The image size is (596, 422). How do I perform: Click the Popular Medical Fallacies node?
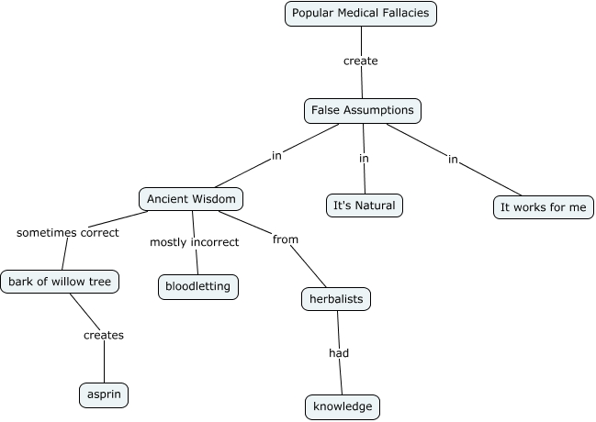(x=360, y=13)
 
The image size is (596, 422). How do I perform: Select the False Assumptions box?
(x=362, y=111)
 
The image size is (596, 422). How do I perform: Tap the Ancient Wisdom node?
(x=193, y=198)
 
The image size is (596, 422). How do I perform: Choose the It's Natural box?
(x=365, y=205)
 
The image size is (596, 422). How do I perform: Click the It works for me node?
(x=543, y=207)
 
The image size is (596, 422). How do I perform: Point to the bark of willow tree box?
(x=61, y=282)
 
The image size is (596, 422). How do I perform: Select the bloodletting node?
(x=199, y=286)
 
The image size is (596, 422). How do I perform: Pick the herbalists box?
(x=336, y=299)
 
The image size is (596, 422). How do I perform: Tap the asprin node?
(x=103, y=394)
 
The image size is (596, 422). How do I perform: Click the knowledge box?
(x=342, y=406)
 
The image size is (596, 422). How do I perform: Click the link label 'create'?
(x=361, y=61)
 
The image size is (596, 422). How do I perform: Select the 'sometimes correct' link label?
(x=68, y=233)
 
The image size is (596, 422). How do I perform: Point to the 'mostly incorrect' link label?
(x=194, y=242)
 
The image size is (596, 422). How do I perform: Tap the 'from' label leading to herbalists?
(x=286, y=239)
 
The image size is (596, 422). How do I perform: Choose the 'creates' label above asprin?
(x=103, y=335)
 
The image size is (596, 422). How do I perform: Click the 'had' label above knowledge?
(x=339, y=352)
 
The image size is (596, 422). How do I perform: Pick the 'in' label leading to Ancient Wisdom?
(x=276, y=156)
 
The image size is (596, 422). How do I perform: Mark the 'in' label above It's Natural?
(x=364, y=159)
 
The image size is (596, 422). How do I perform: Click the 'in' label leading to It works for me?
(x=453, y=160)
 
